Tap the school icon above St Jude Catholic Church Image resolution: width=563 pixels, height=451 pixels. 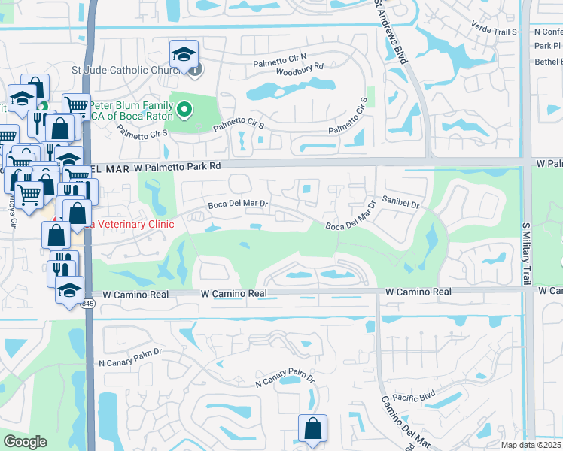(x=184, y=54)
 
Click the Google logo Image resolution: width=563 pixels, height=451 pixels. (x=24, y=442)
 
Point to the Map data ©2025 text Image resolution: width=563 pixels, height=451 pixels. (x=531, y=445)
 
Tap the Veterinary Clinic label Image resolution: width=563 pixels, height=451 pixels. (x=132, y=224)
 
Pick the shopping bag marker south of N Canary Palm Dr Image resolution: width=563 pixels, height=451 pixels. (x=312, y=429)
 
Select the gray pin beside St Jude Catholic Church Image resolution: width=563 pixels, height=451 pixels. (x=195, y=71)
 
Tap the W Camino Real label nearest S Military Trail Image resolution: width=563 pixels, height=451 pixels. (x=418, y=292)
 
